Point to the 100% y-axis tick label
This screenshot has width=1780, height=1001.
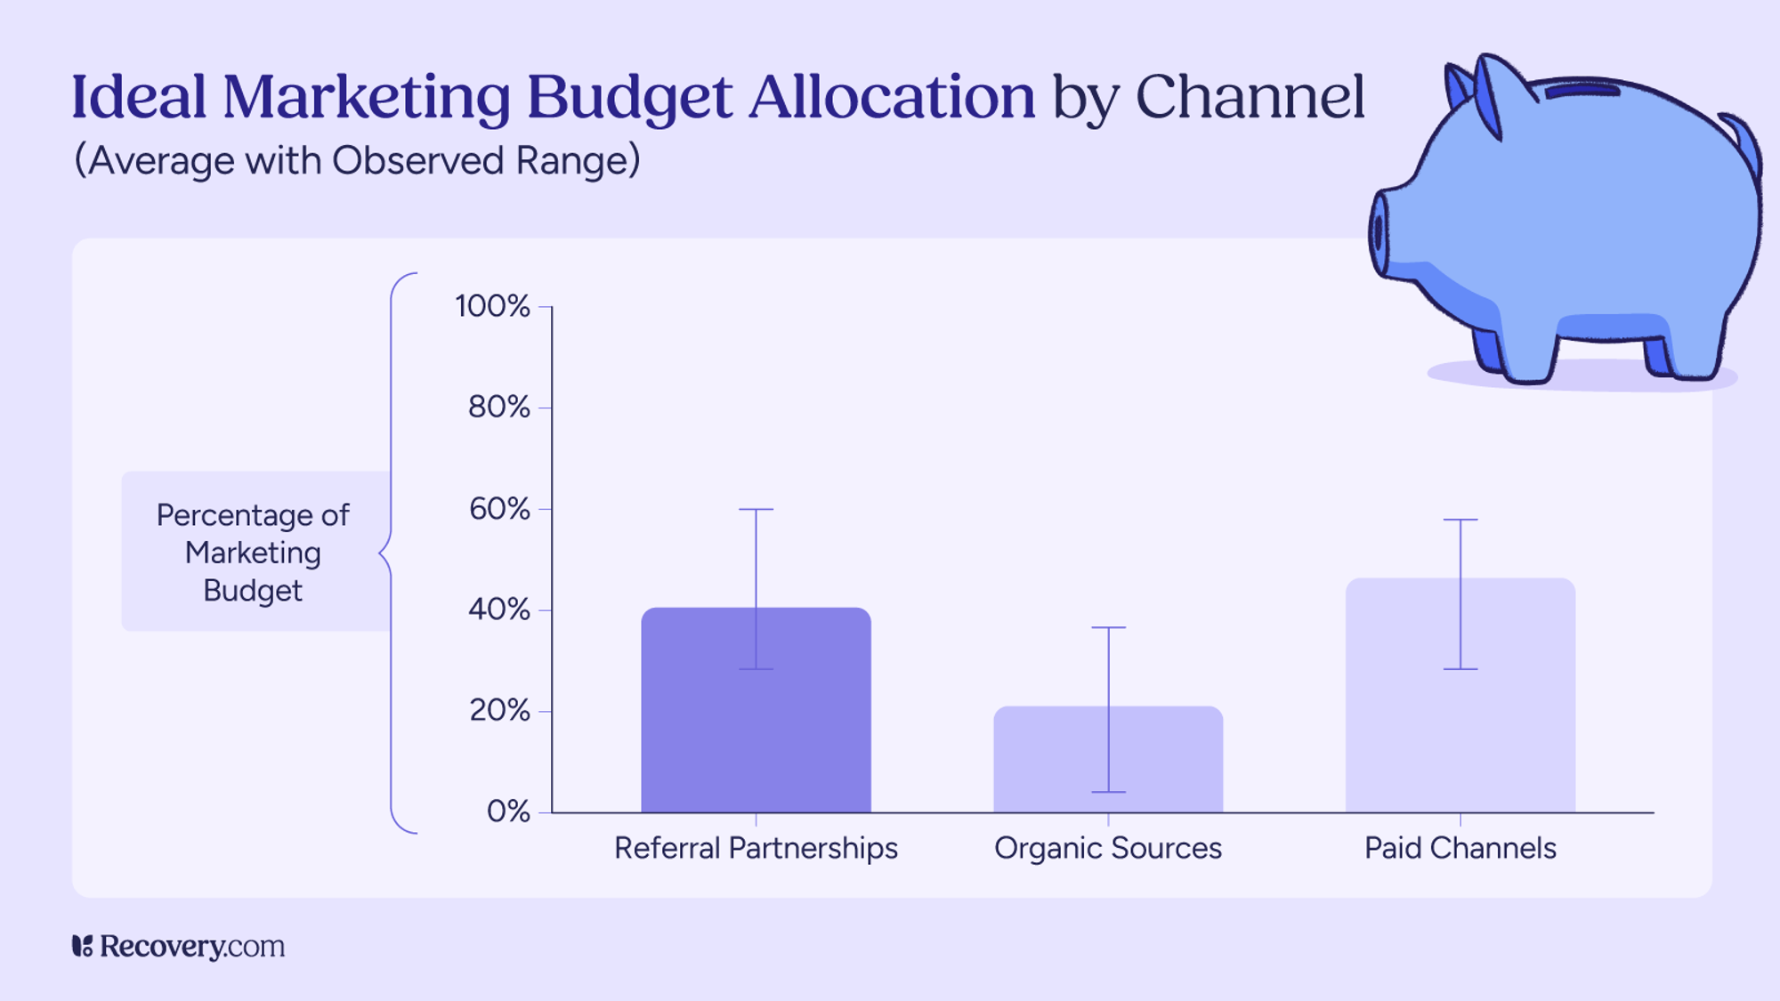(x=492, y=306)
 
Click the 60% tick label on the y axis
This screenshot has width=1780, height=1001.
(x=498, y=509)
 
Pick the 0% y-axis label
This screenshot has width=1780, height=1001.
(x=507, y=811)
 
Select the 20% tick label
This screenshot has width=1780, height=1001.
(x=499, y=710)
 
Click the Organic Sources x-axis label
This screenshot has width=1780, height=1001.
(x=1107, y=848)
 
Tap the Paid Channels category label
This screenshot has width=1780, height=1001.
(x=1460, y=848)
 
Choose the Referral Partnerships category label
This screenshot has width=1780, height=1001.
(x=756, y=848)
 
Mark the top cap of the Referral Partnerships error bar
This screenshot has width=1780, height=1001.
(x=756, y=509)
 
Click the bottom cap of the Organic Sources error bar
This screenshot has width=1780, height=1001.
(x=1108, y=792)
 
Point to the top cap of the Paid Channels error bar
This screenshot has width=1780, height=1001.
(x=1460, y=520)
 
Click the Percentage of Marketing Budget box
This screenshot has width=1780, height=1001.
(x=254, y=552)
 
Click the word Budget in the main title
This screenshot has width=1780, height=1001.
(x=629, y=98)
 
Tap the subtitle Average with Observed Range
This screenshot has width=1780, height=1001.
(x=356, y=161)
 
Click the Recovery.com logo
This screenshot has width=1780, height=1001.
(x=178, y=946)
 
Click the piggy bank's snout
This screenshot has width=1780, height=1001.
(x=1379, y=233)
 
